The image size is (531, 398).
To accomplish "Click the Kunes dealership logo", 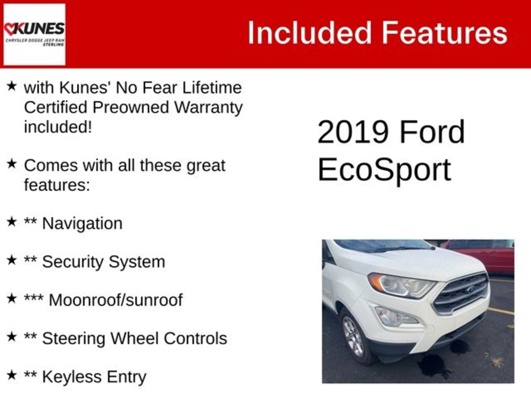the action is (34, 34).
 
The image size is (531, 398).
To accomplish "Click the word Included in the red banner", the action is (310, 33).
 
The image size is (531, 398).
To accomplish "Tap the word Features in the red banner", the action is (445, 33).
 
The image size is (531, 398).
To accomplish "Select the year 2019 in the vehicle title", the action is (353, 132).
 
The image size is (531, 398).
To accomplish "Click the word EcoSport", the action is (384, 170).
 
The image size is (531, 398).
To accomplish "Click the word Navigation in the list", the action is (82, 224).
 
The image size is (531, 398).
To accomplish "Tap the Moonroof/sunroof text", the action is (116, 300).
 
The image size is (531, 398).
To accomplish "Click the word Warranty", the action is (208, 108).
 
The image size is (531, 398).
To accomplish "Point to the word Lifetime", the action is (212, 88).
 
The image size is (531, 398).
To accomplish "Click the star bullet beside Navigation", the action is (11, 222).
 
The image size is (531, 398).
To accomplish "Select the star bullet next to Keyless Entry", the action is (11, 375).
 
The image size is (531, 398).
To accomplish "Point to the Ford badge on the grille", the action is (471, 289).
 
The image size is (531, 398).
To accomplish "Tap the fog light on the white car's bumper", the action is (396, 317).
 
